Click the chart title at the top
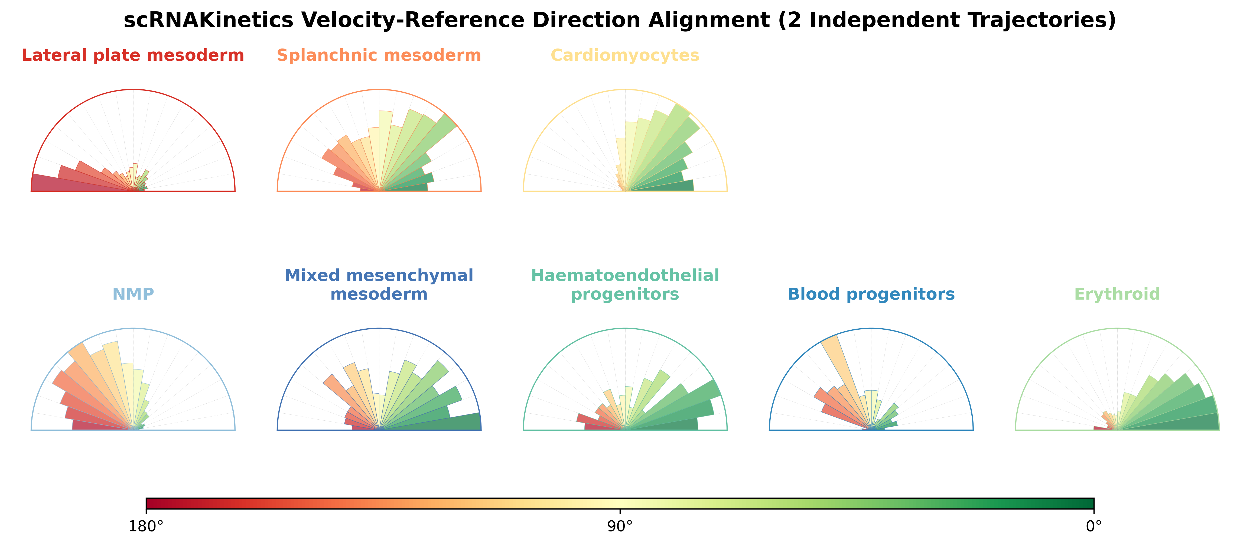(x=620, y=20)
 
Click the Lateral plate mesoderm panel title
(x=133, y=55)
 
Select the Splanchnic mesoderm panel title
(x=379, y=55)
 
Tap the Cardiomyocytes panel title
(x=625, y=55)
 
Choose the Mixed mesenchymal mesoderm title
(x=379, y=284)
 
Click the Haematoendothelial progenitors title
(x=625, y=284)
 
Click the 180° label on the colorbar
(x=146, y=527)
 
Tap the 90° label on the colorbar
(x=620, y=527)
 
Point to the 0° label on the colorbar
(x=1094, y=527)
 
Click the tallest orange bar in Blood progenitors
(x=842, y=366)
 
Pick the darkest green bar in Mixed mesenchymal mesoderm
(x=443, y=423)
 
